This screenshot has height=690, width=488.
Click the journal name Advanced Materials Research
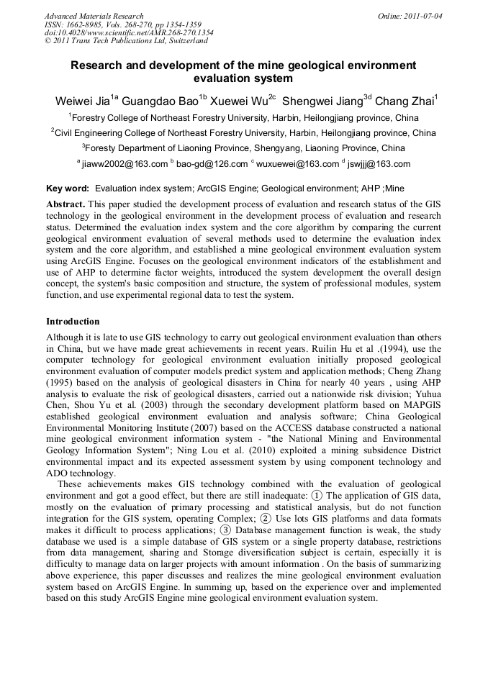coord(94,16)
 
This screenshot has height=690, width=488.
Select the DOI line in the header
coord(129,32)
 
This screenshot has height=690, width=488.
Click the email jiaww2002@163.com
coord(125,164)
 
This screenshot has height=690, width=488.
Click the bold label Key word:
coord(68,189)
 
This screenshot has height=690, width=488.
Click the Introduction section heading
coord(73,322)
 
